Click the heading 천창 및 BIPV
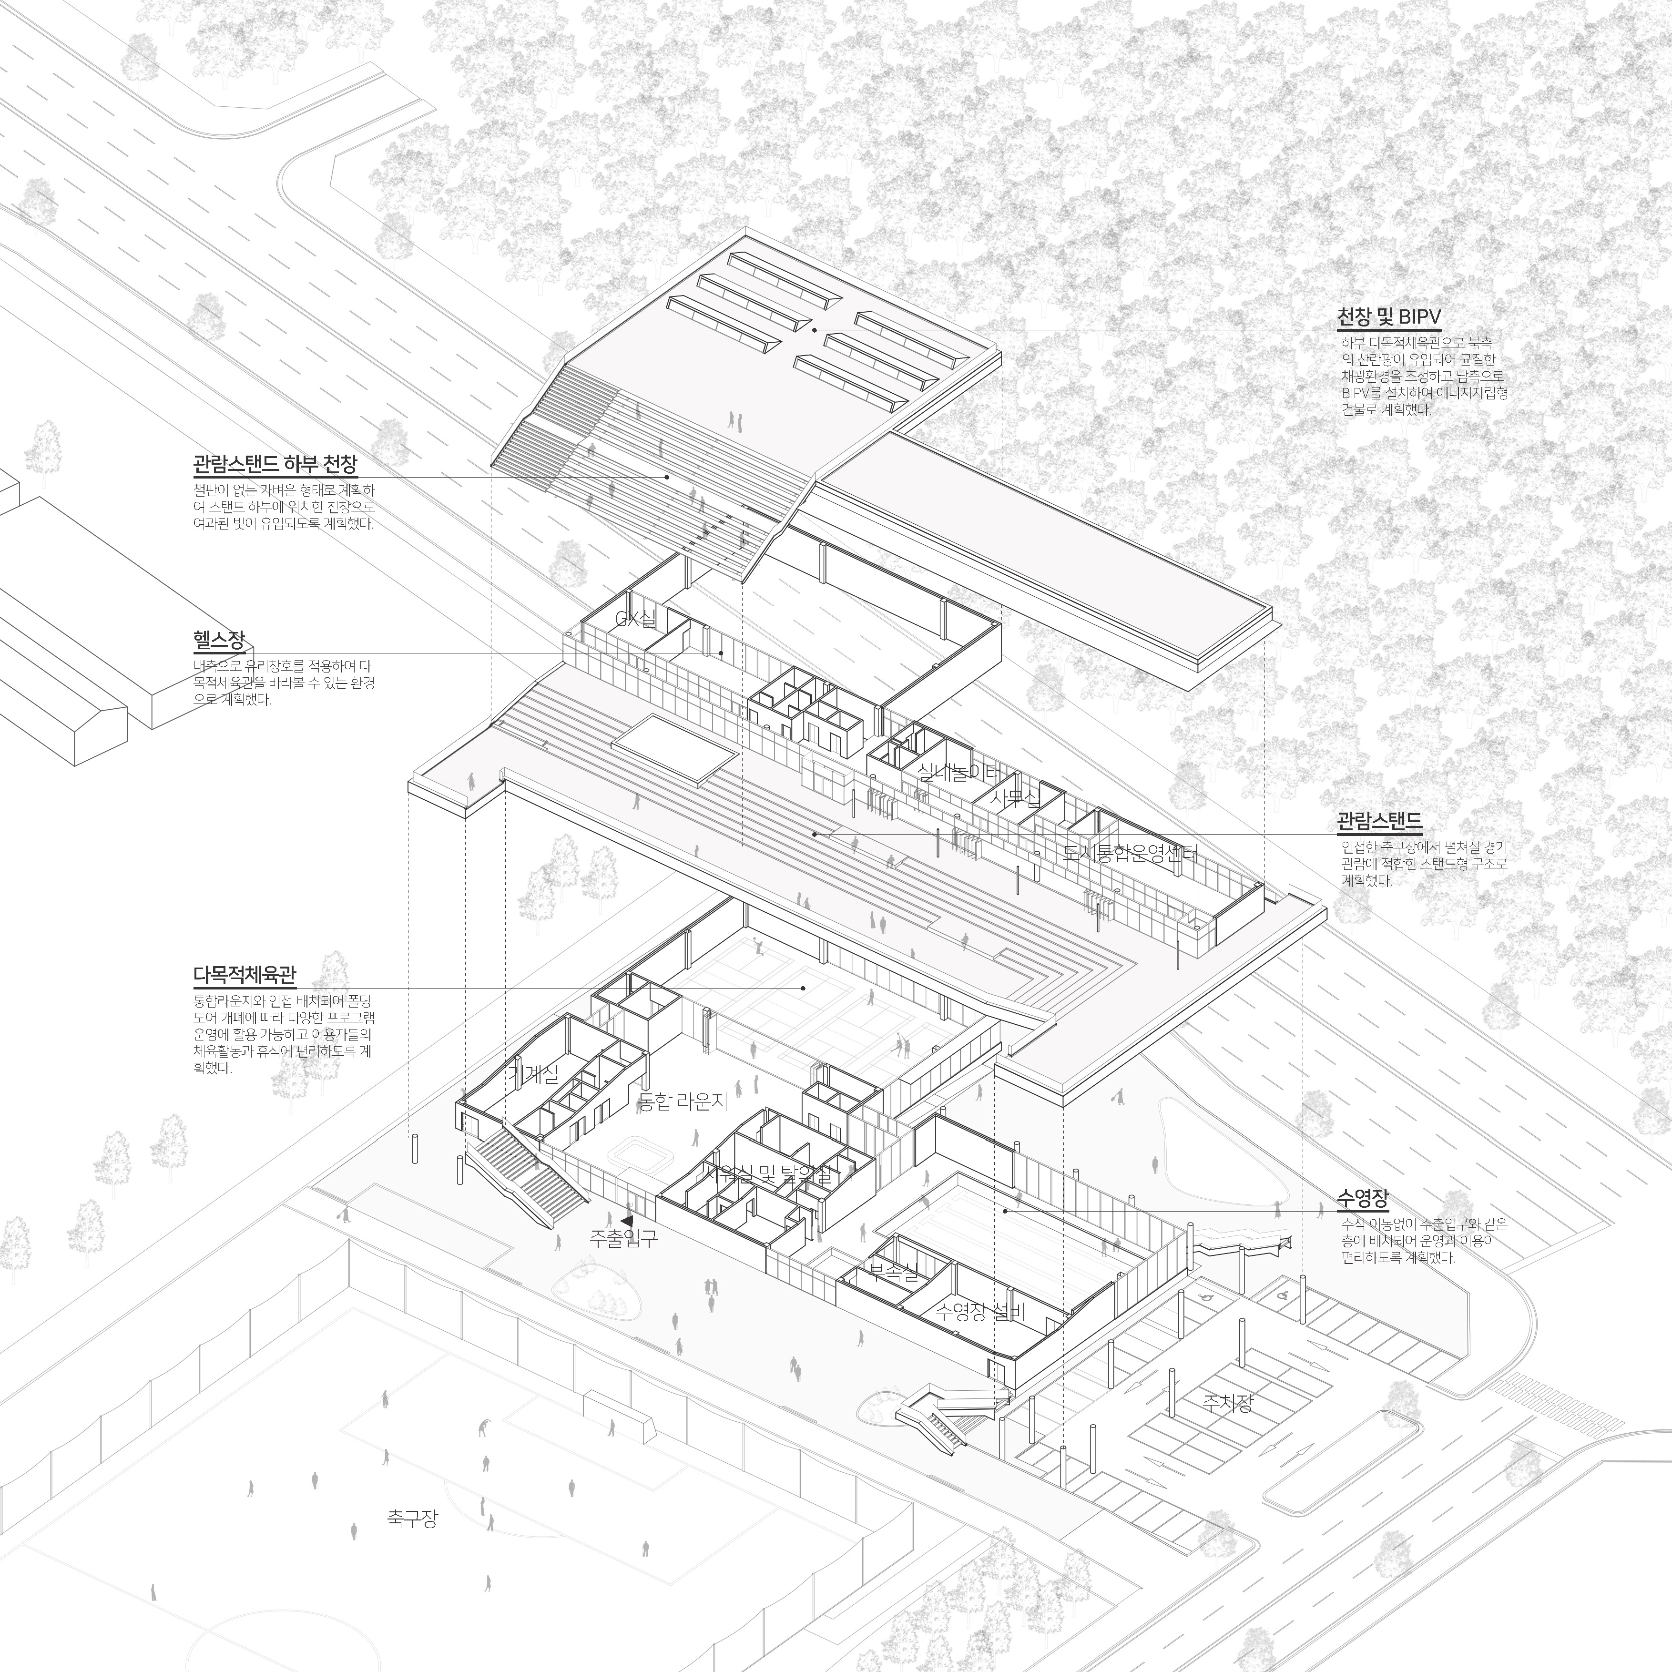tap(1388, 317)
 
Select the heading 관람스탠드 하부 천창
tap(275, 465)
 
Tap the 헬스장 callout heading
tap(219, 641)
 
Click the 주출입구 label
tap(623, 1238)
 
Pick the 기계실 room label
tap(533, 1073)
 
